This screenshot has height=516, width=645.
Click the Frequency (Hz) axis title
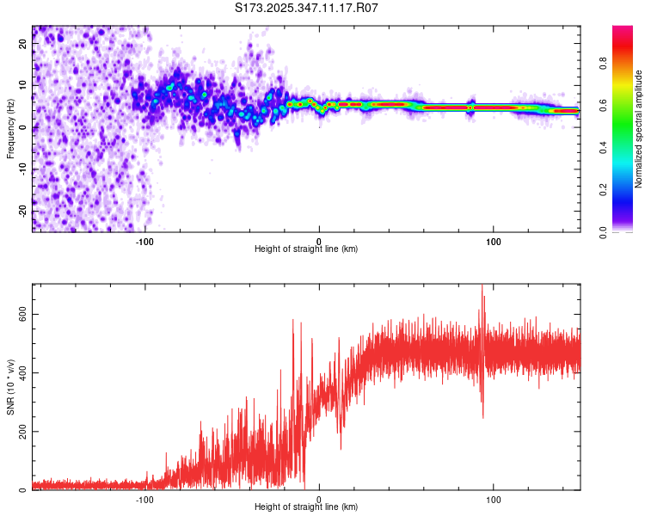[10, 129]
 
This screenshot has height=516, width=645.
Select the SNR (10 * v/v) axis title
[10, 387]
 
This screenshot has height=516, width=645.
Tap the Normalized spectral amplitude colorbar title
[639, 129]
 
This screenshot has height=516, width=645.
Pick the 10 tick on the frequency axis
[23, 86]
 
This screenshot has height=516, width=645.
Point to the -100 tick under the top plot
[144, 240]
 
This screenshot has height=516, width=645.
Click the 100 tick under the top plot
[493, 240]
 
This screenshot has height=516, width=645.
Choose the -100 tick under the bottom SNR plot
[144, 498]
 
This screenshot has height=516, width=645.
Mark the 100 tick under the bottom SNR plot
[493, 498]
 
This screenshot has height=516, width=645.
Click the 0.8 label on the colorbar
[604, 63]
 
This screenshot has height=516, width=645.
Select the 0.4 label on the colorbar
[604, 147]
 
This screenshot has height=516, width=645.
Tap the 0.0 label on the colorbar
[604, 230]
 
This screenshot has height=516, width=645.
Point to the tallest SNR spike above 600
[482, 286]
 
